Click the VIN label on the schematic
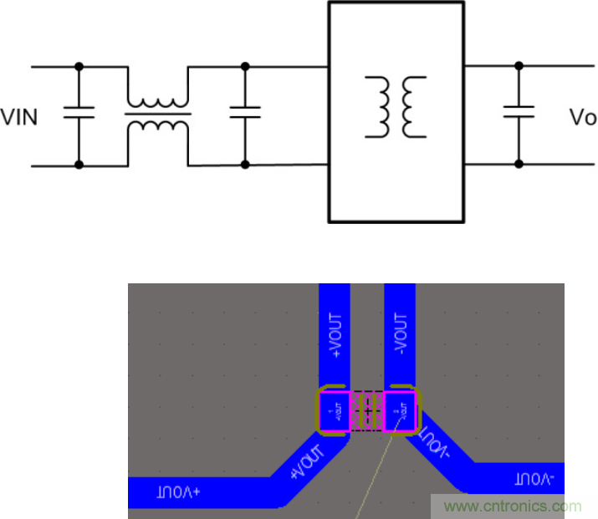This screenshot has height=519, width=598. (19, 117)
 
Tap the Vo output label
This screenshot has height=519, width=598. (582, 117)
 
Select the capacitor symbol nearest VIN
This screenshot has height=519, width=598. (79, 114)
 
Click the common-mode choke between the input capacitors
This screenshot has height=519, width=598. (158, 114)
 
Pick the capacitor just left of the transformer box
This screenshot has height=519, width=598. (245, 114)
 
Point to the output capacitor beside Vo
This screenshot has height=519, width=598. (519, 114)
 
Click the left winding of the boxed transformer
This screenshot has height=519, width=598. (378, 107)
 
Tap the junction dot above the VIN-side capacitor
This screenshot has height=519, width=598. (79, 65)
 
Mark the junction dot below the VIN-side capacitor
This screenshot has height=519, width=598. (79, 165)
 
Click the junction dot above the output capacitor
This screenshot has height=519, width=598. (519, 65)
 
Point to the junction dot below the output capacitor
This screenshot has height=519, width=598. (519, 165)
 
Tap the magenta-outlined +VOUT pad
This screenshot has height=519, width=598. (335, 411)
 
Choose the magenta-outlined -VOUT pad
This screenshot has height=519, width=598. (401, 411)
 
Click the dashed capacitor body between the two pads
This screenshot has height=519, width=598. (367, 411)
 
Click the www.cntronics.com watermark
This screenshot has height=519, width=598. (513, 506)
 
